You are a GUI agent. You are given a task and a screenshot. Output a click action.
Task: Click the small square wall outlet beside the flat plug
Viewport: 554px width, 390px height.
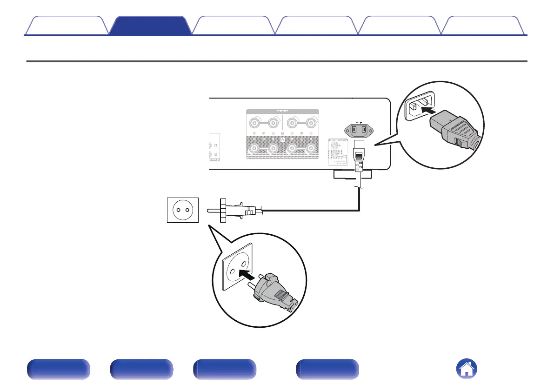pyautogui.click(x=182, y=210)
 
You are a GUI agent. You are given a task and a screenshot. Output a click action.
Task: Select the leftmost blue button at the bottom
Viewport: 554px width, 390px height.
pyautogui.click(x=58, y=370)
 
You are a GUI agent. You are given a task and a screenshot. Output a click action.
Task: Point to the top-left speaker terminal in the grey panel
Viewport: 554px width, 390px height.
pyautogui.click(x=255, y=124)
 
